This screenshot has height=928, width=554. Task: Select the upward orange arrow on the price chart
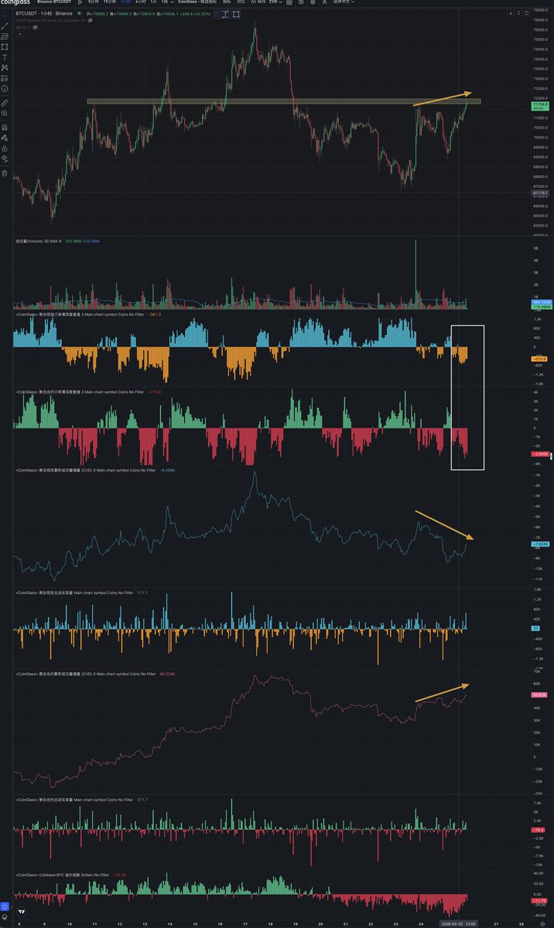coord(443,98)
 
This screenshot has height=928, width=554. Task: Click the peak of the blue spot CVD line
coord(255,473)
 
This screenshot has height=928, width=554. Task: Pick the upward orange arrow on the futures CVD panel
coord(443,693)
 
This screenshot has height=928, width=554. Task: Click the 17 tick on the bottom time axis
coord(245,923)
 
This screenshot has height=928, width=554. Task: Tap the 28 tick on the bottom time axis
coord(523,923)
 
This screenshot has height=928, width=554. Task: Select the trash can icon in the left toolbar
coord(5,173)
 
